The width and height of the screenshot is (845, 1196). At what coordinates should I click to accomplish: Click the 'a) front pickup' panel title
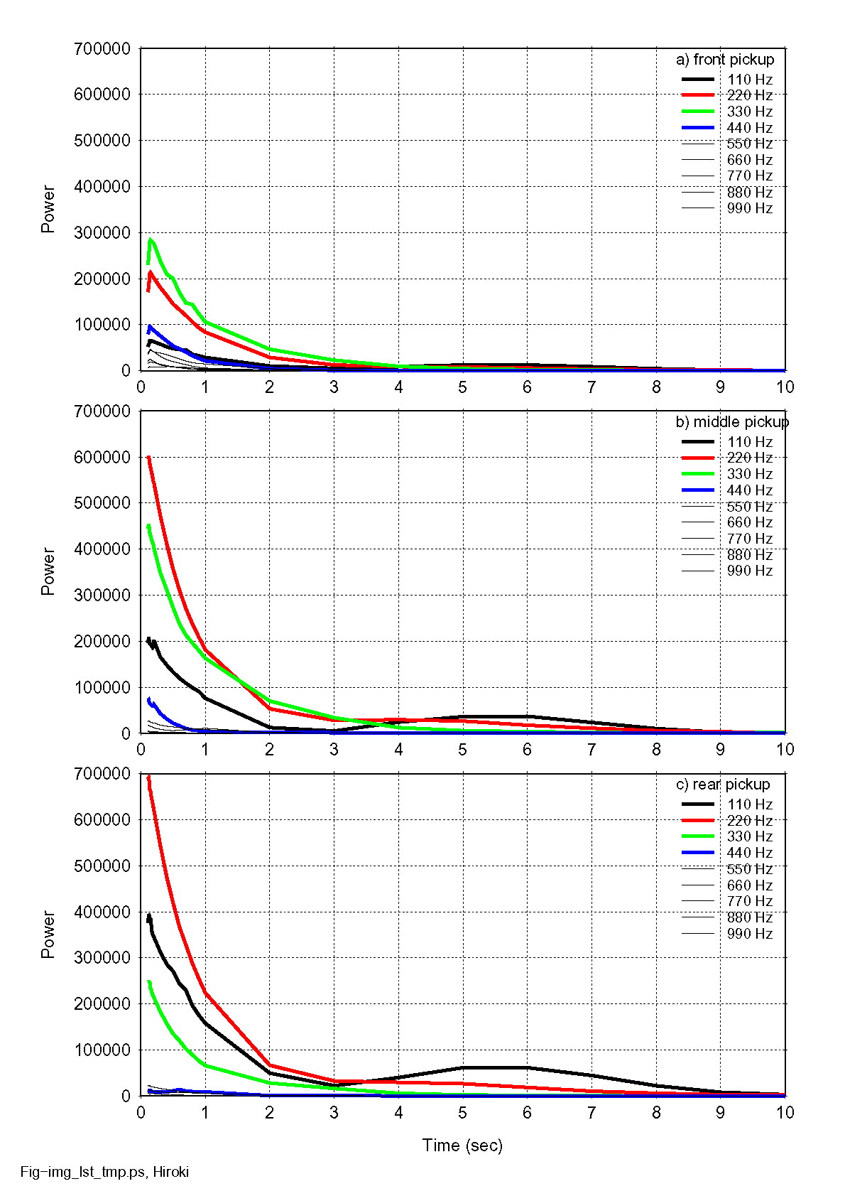tap(724, 60)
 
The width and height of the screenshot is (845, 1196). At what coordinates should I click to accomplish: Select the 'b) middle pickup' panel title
tap(731, 422)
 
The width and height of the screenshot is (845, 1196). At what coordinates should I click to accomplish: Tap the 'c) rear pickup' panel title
tap(722, 785)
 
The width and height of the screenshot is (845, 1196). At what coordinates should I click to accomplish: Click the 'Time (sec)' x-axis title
tap(462, 1145)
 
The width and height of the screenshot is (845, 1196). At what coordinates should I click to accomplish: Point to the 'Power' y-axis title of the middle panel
tap(48, 571)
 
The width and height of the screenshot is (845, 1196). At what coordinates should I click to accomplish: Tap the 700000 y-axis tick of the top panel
tap(102, 49)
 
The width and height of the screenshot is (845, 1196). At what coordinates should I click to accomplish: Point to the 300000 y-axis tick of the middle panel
tap(102, 596)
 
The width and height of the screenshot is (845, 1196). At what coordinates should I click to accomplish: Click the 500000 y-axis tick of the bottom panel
tap(102, 866)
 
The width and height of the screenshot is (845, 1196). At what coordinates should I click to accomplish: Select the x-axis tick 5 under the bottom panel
tap(462, 1112)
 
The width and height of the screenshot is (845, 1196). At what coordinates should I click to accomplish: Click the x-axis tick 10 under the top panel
tap(785, 387)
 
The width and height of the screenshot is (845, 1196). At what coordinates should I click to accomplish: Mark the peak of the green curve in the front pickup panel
tap(150, 240)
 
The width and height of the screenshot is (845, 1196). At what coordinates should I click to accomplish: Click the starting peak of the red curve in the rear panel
tap(148, 777)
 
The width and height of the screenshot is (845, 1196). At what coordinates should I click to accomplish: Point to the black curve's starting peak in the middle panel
tap(148, 639)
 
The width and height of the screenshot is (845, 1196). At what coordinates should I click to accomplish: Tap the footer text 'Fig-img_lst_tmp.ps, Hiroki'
tap(104, 1173)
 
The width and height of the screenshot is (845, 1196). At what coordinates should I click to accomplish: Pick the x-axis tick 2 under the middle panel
tap(270, 750)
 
